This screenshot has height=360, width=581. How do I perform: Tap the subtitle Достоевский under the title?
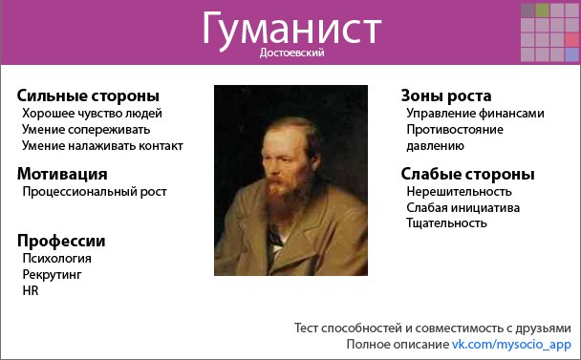click(291, 54)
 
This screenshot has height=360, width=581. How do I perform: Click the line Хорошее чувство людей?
click(92, 113)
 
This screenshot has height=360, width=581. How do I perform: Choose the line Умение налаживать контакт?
click(102, 145)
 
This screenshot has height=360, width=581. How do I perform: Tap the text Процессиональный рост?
click(95, 191)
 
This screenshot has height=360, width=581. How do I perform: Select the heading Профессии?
click(61, 241)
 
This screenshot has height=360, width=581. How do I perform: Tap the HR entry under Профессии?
click(30, 290)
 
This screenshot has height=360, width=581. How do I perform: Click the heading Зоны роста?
click(446, 95)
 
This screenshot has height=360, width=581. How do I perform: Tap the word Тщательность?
click(446, 223)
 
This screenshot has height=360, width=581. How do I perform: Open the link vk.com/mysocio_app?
click(511, 344)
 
